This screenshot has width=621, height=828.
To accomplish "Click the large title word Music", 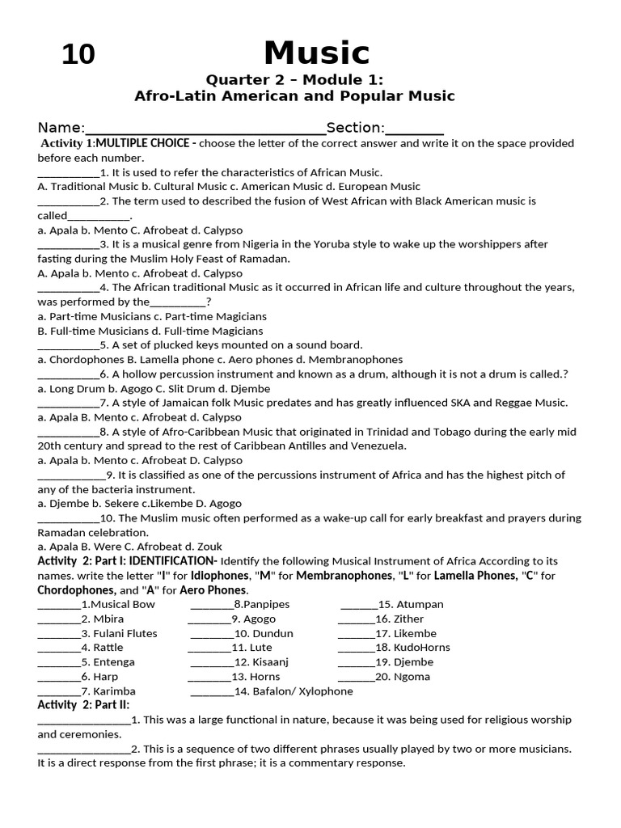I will click(x=316, y=54).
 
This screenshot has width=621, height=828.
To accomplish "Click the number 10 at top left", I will click(x=78, y=55).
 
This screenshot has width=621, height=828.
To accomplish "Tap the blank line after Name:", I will click(x=205, y=129).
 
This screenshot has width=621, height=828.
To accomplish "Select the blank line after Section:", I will click(x=415, y=129).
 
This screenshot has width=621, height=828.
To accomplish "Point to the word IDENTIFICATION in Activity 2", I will click(x=172, y=561).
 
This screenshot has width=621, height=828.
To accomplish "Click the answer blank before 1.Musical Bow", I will click(x=59, y=605).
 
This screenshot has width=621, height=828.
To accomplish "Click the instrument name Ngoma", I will click(x=412, y=678).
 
